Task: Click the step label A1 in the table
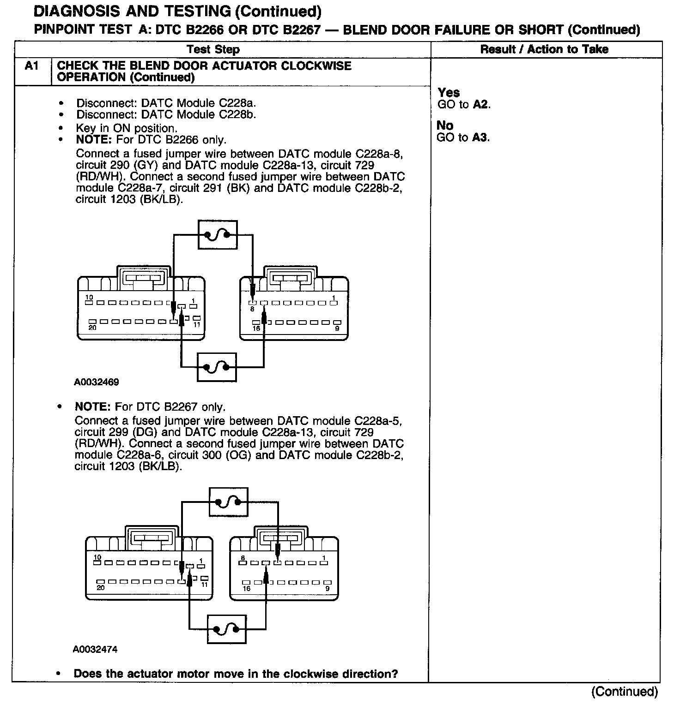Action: [31, 66]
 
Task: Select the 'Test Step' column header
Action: [213, 49]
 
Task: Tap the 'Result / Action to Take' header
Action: [544, 49]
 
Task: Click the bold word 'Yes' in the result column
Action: [449, 93]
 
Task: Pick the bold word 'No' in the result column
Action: [445, 125]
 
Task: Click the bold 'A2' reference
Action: [480, 105]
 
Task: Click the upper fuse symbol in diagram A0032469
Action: [217, 235]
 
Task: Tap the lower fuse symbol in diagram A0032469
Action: [217, 367]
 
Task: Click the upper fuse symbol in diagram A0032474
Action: [229, 502]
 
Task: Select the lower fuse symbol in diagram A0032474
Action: [227, 629]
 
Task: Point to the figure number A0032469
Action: [96, 382]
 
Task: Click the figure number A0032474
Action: [95, 650]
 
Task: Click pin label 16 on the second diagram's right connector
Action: [246, 588]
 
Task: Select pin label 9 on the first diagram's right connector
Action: [337, 328]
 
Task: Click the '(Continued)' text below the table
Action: [624, 691]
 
